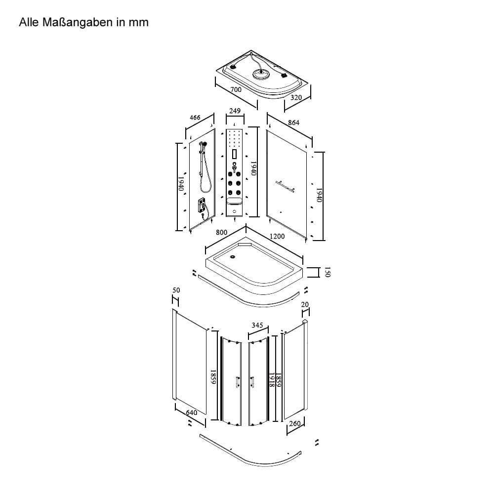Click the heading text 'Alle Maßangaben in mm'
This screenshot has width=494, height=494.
83,22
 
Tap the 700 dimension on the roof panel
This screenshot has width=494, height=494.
236,89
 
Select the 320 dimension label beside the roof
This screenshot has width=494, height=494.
296,98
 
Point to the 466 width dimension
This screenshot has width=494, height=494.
195,118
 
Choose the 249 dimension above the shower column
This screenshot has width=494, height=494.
235,111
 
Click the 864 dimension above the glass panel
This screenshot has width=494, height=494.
293,123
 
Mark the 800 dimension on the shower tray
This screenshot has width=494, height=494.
221,233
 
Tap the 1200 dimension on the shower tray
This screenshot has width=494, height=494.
277,236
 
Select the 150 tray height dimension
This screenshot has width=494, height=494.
328,272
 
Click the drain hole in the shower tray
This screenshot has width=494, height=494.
233,256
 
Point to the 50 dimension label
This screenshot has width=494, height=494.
176,290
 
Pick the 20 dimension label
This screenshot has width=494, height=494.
305,305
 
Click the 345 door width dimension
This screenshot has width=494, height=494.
257,325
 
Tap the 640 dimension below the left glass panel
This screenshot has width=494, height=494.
192,412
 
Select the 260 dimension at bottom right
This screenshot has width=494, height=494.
295,424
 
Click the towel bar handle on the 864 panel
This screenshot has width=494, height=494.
285,186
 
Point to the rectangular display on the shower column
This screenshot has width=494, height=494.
234,154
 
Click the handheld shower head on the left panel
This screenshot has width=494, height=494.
203,144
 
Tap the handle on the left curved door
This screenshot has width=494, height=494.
237,382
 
